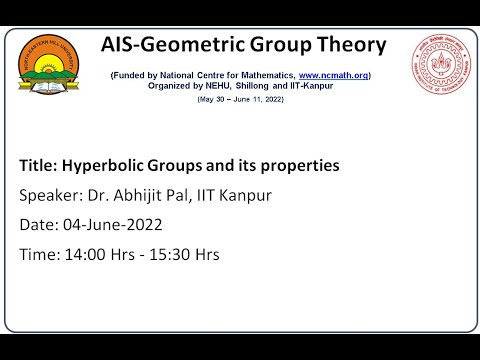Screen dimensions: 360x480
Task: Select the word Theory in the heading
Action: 350,45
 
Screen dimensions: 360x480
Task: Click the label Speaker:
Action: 50,194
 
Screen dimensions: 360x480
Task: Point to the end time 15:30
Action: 167,254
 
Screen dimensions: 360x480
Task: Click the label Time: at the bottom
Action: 40,254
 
